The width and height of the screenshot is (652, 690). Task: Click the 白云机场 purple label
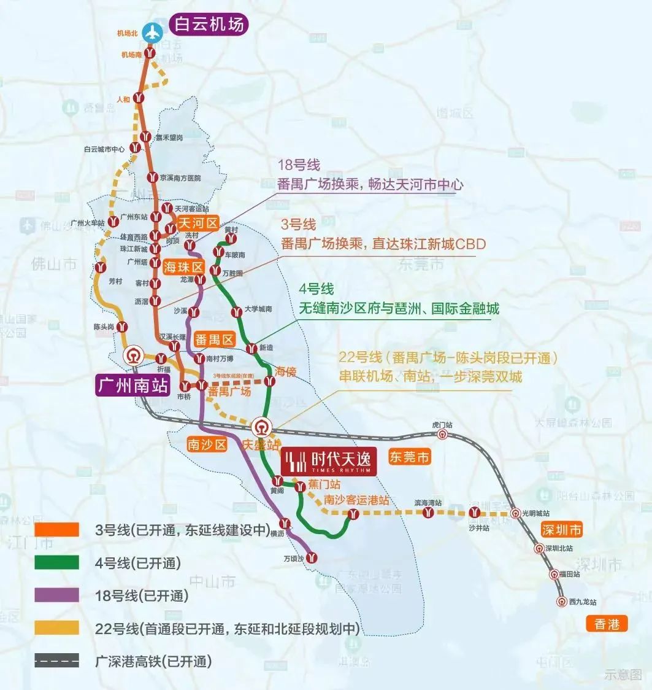pos(209,24)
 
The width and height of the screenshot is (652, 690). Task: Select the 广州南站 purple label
pos(132,385)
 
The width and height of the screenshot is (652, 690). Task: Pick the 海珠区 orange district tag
pos(183,266)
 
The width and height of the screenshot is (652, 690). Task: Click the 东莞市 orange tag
pos(410,457)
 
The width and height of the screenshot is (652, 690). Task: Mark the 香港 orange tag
pos(607,624)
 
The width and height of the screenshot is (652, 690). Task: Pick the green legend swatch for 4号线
pos(56,562)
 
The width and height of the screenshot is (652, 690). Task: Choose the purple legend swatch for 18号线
pos(56,595)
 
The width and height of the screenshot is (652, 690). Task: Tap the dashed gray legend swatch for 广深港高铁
pos(56,661)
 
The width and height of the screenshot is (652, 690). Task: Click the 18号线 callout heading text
pos(299,165)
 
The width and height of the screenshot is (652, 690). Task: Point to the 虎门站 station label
pos(442,424)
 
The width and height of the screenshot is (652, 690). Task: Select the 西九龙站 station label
pos(582,602)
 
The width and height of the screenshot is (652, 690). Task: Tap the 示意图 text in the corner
pos(623,675)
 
